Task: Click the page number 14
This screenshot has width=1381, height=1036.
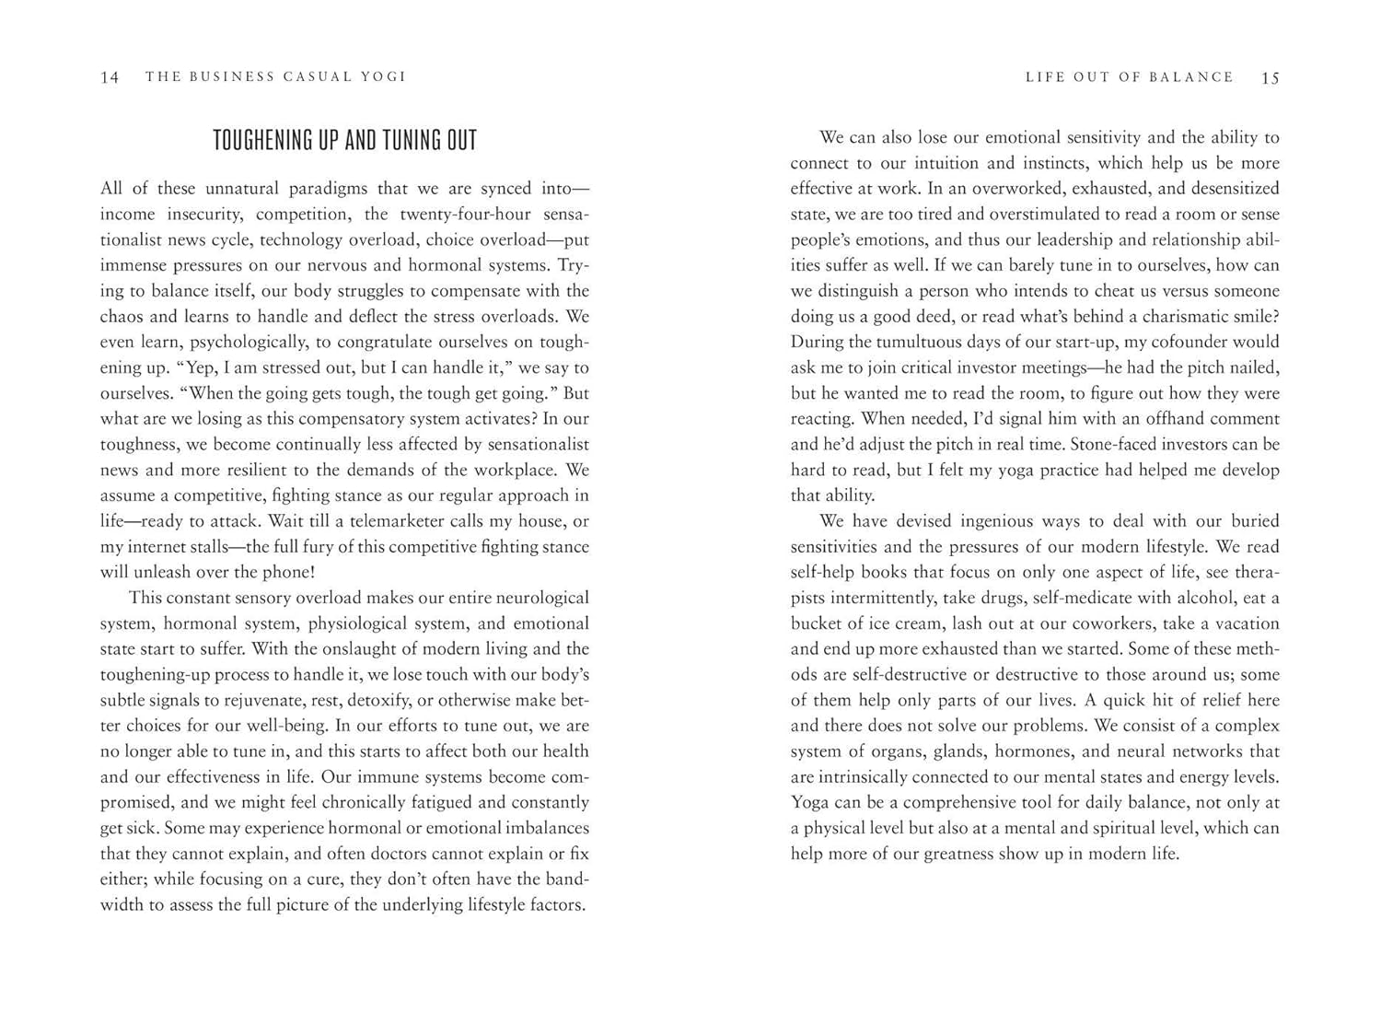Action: coord(110,77)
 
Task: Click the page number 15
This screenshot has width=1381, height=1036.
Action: coord(1271,77)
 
